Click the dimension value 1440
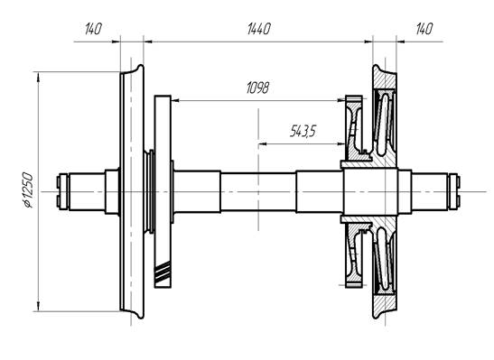[x=258, y=29]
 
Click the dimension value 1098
[x=257, y=88]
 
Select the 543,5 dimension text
[x=303, y=131]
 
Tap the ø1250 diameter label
[x=28, y=190]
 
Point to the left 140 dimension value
[x=93, y=29]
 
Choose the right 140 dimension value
[x=424, y=29]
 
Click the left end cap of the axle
[x=62, y=191]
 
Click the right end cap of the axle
[x=454, y=191]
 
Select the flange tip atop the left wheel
[x=140, y=68]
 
